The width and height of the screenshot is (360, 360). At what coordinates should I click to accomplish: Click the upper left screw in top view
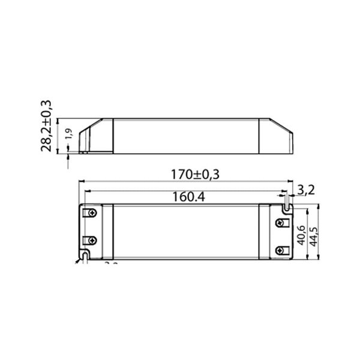click(93, 214)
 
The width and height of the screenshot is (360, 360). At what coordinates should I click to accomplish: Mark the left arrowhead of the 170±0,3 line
click(82, 180)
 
